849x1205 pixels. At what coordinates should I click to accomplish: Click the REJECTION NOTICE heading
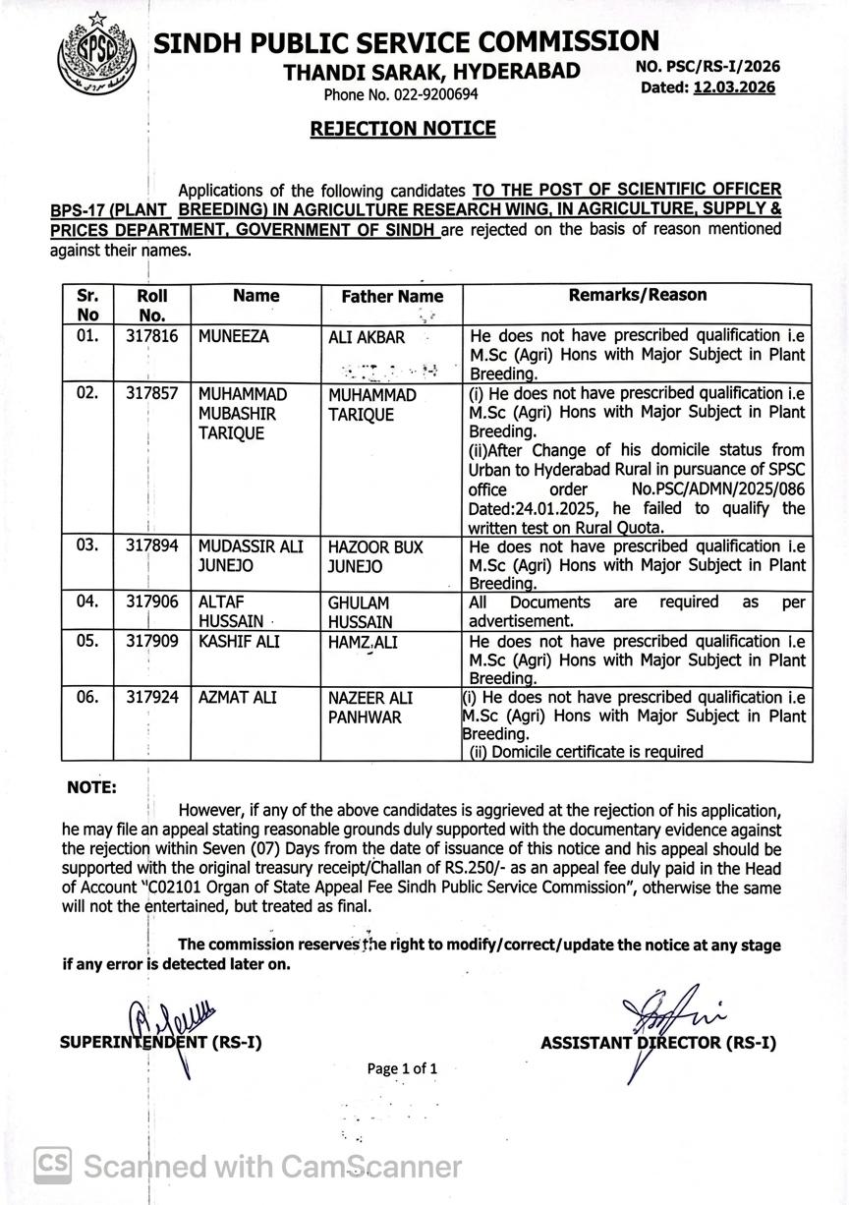[x=403, y=128]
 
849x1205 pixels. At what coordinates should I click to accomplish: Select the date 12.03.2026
[x=734, y=87]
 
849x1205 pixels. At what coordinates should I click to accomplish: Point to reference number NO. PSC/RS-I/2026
[x=707, y=67]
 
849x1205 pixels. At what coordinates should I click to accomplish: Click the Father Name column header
[x=392, y=296]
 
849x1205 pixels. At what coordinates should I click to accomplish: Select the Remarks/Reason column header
[x=638, y=295]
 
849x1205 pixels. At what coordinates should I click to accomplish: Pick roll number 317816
[x=152, y=336]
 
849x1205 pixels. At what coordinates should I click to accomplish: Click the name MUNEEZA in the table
[x=233, y=336]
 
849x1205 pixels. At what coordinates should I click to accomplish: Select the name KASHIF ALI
[x=237, y=641]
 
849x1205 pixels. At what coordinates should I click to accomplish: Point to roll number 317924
[x=152, y=698]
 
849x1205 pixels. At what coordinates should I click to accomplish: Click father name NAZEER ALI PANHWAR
[x=370, y=708]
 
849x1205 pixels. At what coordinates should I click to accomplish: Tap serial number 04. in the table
[x=87, y=602]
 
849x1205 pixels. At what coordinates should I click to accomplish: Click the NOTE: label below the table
[x=91, y=788]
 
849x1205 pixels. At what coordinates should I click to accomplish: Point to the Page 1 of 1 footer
[x=402, y=1068]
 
